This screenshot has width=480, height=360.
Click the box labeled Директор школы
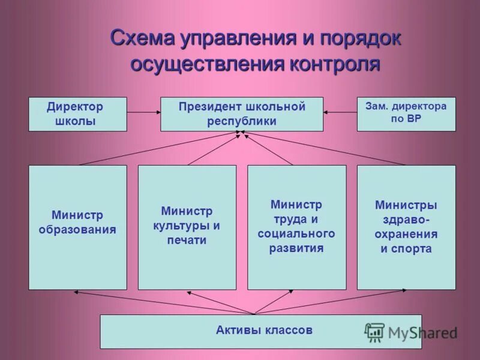click(x=78, y=114)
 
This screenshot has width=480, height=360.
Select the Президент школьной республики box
click(x=241, y=114)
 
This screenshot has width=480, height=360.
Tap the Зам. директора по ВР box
click(x=406, y=114)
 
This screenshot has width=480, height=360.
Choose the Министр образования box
click(x=78, y=227)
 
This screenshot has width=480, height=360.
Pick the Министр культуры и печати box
click(x=187, y=227)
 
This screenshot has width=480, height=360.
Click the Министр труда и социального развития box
click(x=296, y=227)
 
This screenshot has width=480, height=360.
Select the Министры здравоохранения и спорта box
click(x=406, y=227)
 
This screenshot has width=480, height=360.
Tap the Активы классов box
click(x=260, y=331)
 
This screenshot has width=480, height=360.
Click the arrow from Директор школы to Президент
click(x=143, y=111)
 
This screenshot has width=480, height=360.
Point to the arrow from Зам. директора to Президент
click(x=340, y=111)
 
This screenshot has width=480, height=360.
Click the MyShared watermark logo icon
click(x=375, y=332)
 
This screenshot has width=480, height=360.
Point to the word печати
click(x=187, y=241)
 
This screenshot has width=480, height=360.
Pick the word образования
click(x=77, y=229)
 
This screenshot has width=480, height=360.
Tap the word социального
click(x=296, y=233)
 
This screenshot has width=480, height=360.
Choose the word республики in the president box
click(x=242, y=121)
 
